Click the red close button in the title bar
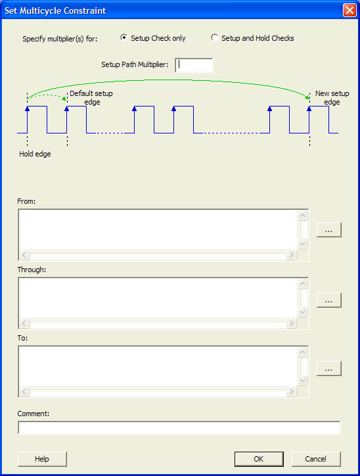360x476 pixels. [349, 11]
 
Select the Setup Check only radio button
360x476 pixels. [124, 37]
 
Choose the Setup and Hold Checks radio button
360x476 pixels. [214, 37]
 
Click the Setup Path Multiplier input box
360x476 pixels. [194, 65]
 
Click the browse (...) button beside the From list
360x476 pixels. [328, 230]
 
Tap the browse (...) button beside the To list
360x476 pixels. [328, 369]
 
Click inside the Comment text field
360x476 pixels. [179, 427]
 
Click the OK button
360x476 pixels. [259, 459]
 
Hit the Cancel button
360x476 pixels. [316, 459]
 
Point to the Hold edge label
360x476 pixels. [35, 154]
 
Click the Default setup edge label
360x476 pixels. [91, 98]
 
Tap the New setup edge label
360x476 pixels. [332, 98]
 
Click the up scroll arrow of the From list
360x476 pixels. [302, 215]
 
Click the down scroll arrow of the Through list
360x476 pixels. [302, 312]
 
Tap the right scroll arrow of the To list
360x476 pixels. [291, 392]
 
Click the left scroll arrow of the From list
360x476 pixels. [24, 254]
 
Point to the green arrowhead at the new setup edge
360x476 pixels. [307, 97]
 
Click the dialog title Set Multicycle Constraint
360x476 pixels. [55, 11]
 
